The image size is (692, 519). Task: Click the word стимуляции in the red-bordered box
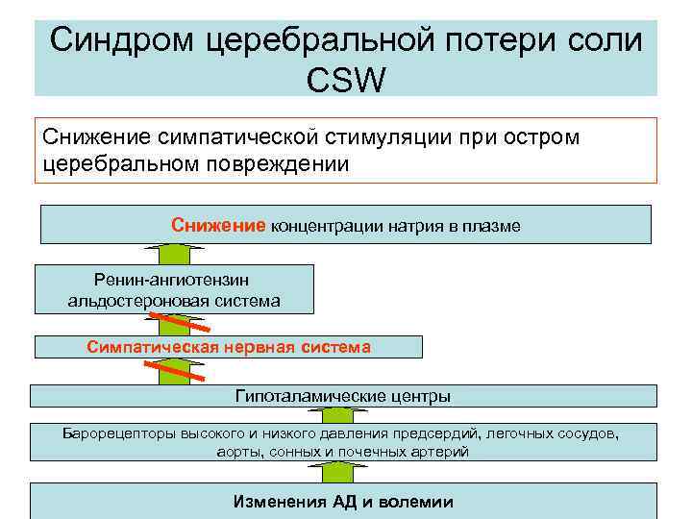[x=345, y=136]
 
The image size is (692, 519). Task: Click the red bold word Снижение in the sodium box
[x=217, y=225]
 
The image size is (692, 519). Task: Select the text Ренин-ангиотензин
[x=173, y=279]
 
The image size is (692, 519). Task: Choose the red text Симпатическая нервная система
[x=229, y=346]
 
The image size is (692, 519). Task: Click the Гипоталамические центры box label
[x=343, y=396]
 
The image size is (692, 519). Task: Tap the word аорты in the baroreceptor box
[x=239, y=451]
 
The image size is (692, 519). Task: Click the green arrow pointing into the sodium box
[x=173, y=254]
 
